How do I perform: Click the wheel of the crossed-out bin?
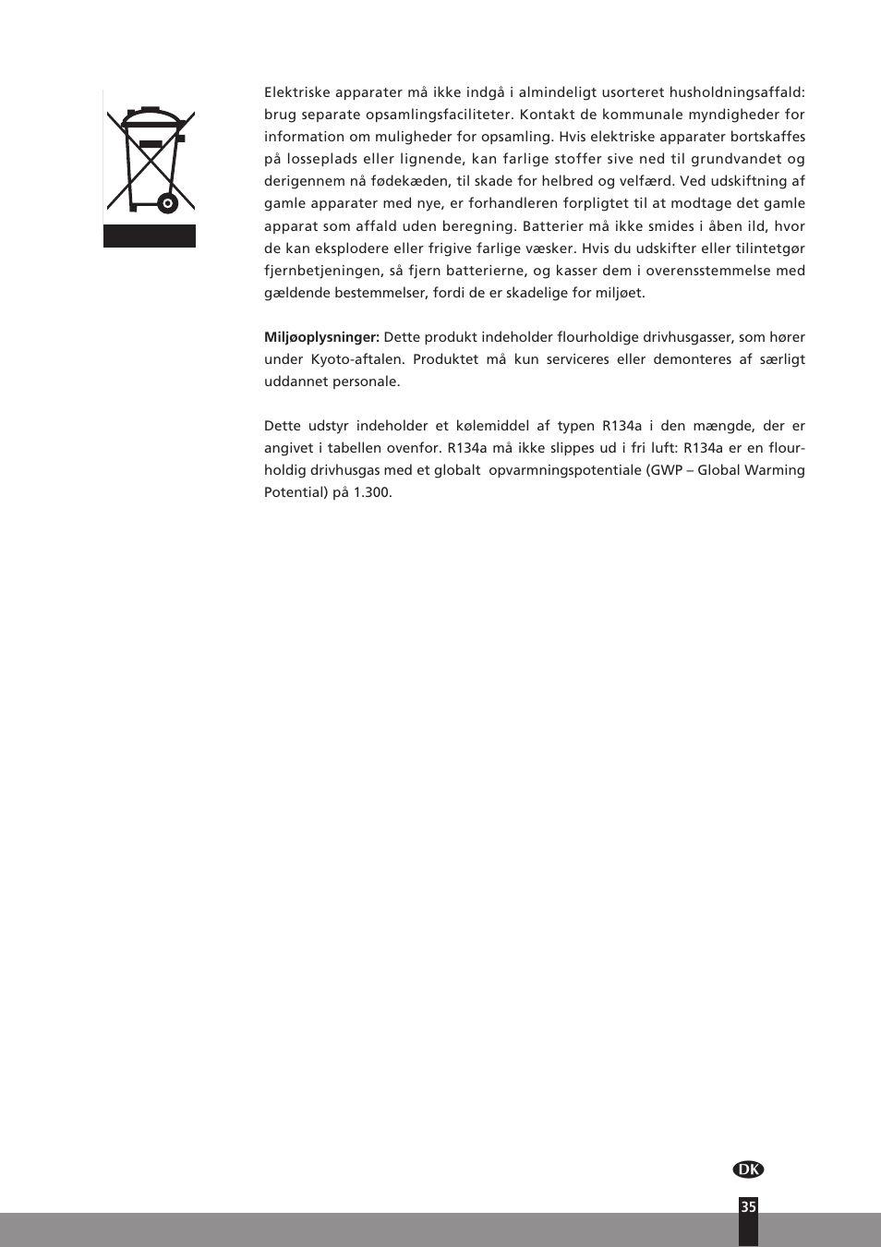tap(167, 203)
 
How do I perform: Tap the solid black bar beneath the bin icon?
tap(150, 236)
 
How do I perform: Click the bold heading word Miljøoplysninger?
tap(321, 337)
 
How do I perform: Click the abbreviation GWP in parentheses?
tap(667, 470)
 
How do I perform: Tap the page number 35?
tap(748, 1206)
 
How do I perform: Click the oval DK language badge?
tap(748, 1169)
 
